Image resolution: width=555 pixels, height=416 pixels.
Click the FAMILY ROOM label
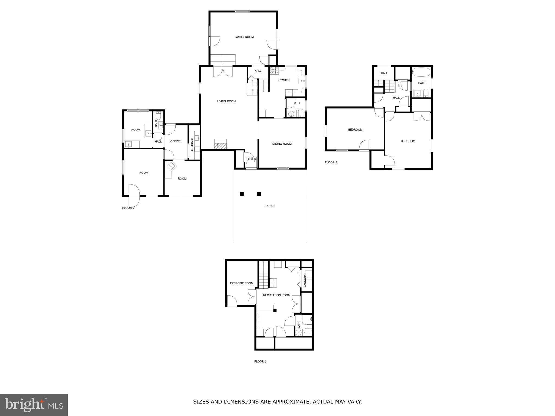(x=244, y=37)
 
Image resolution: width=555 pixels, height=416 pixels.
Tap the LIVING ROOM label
(x=226, y=102)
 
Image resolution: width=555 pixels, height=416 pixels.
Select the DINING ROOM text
(x=282, y=144)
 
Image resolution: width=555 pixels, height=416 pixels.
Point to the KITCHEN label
(x=283, y=80)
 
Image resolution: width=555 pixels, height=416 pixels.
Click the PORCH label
(x=270, y=206)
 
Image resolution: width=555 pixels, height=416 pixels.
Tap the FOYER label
(x=251, y=159)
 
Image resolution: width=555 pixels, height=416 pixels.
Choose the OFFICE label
(x=175, y=141)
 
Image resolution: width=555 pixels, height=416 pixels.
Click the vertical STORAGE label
(x=192, y=144)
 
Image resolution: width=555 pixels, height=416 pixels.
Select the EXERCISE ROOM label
(x=241, y=283)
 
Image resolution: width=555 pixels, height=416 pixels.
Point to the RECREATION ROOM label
(x=276, y=295)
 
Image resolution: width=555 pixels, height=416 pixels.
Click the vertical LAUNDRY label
(x=305, y=281)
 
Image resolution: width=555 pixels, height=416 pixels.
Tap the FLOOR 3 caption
(x=331, y=162)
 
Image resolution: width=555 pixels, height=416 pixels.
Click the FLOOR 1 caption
(x=260, y=361)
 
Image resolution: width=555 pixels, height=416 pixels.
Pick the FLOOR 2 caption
(x=128, y=208)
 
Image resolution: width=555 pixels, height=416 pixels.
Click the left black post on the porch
(x=241, y=194)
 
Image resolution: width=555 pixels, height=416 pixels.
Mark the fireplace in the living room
(x=220, y=144)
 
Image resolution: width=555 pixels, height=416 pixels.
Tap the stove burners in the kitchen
(x=274, y=71)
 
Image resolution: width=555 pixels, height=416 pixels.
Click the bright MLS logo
(x=34, y=405)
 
